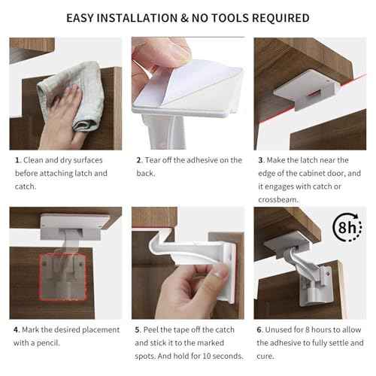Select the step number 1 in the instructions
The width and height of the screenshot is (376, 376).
point(16,160)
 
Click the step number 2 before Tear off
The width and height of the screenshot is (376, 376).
point(138,160)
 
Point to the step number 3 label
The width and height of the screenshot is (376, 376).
point(260,160)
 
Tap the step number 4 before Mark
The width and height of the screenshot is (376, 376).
point(17,329)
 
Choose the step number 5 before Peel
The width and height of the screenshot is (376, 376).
point(138,329)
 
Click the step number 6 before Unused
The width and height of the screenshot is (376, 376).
point(260,329)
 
